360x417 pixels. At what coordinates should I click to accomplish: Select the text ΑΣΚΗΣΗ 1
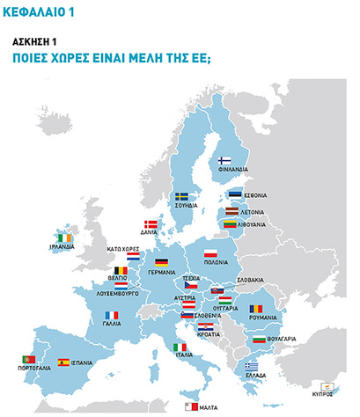click(x=36, y=40)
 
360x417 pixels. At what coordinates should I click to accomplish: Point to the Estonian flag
click(x=235, y=195)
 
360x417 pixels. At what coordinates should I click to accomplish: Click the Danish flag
click(x=151, y=224)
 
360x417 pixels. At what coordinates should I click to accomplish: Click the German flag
click(x=161, y=262)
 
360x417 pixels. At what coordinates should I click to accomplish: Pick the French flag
click(x=112, y=316)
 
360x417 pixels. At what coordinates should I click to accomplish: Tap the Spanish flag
click(x=63, y=362)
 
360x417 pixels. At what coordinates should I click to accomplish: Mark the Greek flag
click(x=252, y=365)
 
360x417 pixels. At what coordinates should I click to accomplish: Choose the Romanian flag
click(x=255, y=308)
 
